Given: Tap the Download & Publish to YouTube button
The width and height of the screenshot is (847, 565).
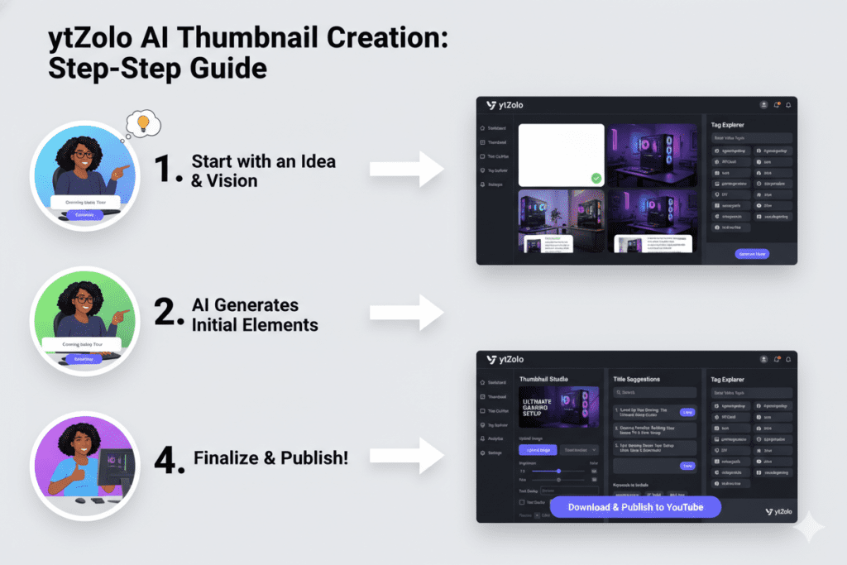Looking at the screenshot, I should coord(634,507).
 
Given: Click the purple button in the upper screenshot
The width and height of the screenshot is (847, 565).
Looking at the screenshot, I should coord(751,253).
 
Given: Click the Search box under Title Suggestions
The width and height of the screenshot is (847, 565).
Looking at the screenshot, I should coord(654,392).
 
